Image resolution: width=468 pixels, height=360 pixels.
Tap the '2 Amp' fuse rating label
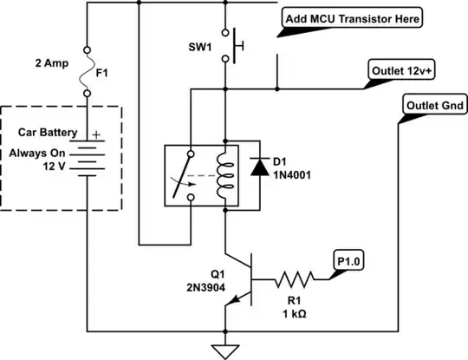point(51,62)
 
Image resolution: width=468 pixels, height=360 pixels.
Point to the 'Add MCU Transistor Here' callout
point(354,18)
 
